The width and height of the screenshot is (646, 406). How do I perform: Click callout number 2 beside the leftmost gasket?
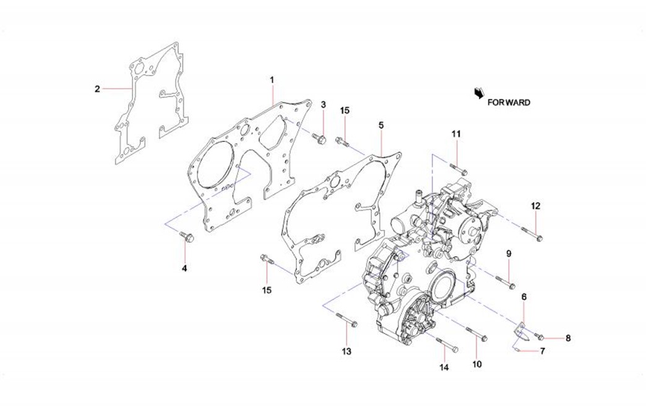click(97, 89)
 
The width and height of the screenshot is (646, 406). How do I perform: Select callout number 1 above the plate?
click(272, 80)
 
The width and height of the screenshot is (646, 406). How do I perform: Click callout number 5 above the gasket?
click(381, 125)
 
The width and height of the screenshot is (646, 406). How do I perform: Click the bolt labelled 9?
click(506, 283)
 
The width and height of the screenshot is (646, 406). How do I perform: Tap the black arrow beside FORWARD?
click(478, 94)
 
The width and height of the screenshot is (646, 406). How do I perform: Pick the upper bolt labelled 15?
click(342, 142)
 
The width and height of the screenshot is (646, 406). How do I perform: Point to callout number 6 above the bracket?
click(524, 298)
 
